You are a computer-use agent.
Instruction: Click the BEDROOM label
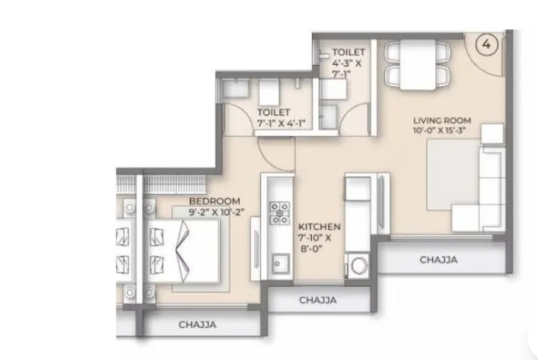[x=215, y=201]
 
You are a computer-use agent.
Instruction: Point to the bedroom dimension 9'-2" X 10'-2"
[x=215, y=212]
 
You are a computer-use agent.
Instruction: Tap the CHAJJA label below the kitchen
[x=318, y=300]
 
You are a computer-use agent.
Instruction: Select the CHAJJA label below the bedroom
[x=196, y=325]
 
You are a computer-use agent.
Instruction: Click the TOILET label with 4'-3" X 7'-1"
[x=350, y=52]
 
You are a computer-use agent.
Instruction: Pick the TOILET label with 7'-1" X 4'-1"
[x=274, y=112]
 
